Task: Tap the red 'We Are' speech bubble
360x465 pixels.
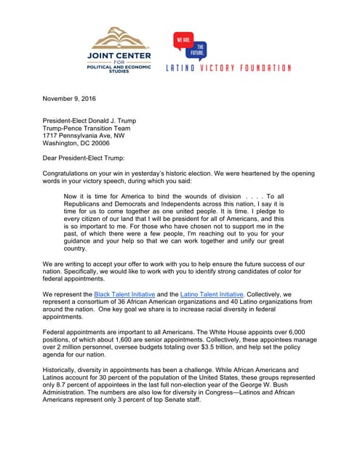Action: (x=184, y=42)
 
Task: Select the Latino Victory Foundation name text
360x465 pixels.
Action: (x=228, y=68)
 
